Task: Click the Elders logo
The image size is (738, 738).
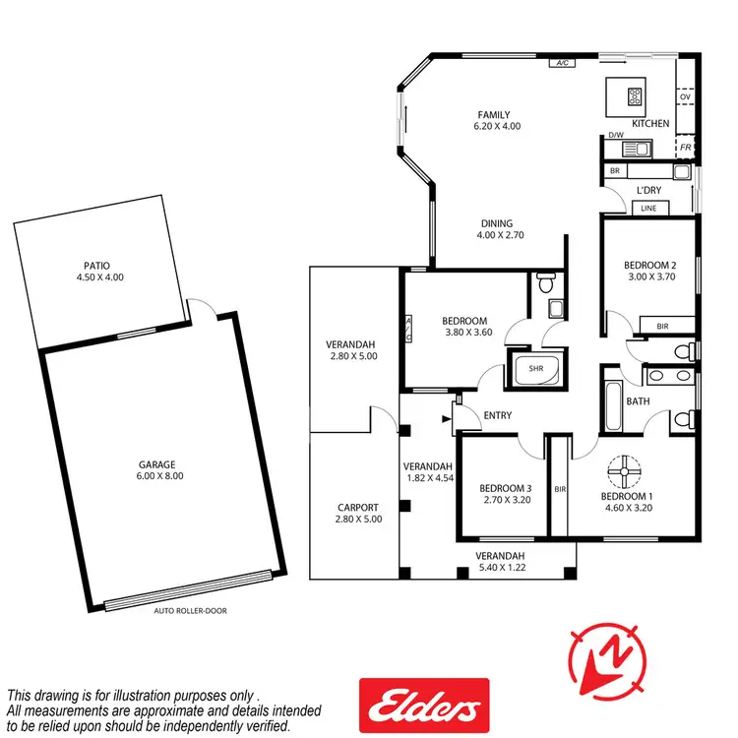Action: [x=423, y=705]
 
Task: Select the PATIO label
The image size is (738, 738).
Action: [x=96, y=265]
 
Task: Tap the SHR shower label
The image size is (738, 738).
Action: [x=535, y=370]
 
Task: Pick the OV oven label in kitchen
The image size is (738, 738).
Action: [x=685, y=96]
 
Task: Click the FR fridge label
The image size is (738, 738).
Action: [x=685, y=148]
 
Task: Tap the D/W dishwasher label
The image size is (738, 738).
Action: [x=616, y=135]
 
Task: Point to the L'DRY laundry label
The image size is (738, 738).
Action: [x=648, y=189]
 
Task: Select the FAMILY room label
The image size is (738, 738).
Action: [x=493, y=115]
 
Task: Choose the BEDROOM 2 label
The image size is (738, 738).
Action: [x=649, y=265]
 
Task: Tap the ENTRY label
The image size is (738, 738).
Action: [x=498, y=416]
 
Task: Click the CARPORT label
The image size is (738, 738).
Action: [x=357, y=508]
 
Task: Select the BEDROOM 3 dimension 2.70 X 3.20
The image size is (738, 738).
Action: [x=505, y=500]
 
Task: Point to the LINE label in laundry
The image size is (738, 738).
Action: [x=647, y=209]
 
